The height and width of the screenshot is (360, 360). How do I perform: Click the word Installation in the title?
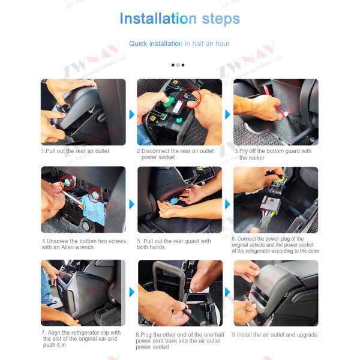158,19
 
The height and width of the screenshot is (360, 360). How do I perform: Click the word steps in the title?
221,19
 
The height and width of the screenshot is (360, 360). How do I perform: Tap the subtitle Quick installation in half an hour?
179,44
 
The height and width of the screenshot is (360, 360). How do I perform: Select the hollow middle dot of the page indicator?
178,65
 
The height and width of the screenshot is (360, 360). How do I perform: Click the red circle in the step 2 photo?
191,98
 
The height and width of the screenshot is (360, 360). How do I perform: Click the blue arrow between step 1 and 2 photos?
132,115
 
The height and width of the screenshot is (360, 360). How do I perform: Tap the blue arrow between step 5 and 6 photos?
227,204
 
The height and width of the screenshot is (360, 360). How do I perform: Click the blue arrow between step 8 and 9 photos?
227,292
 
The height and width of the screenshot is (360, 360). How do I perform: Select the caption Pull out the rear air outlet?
76,151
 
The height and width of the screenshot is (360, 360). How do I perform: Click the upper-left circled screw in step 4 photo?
67,182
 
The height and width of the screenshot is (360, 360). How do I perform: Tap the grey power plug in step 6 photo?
270,205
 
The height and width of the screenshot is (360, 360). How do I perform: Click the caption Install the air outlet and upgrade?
275,335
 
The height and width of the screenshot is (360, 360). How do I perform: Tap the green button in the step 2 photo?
170,100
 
